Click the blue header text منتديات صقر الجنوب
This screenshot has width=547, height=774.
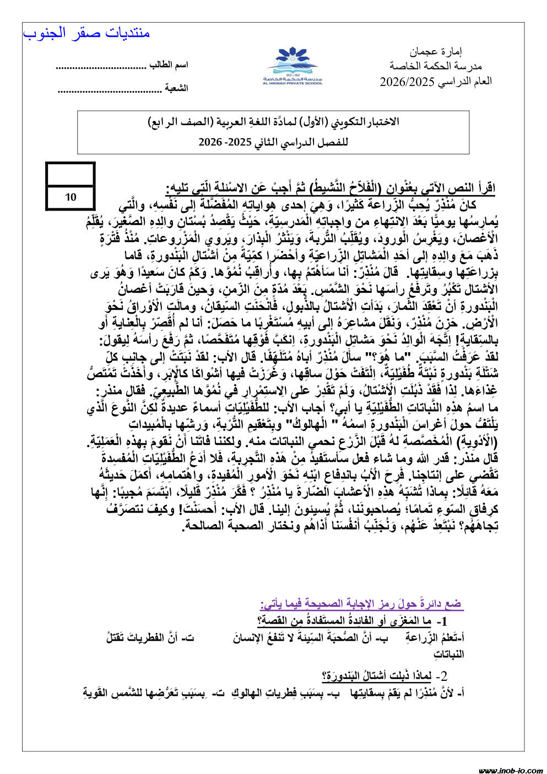point(86,33)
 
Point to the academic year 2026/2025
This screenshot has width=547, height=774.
point(435,82)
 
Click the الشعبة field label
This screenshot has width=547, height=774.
point(177,88)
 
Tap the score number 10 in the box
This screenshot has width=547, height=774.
point(71,197)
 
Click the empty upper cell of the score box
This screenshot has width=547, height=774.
point(71,175)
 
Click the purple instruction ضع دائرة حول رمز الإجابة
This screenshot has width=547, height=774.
point(361,604)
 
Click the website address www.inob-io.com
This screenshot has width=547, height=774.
point(510,770)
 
